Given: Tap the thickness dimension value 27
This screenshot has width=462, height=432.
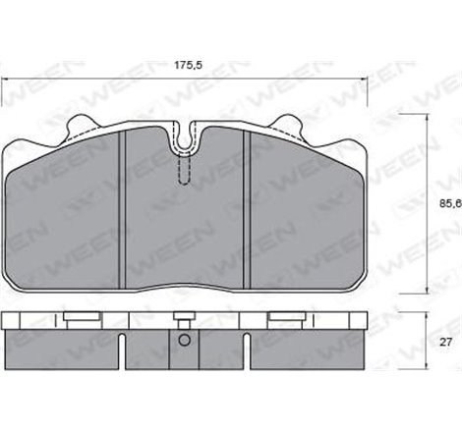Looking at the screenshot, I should click(444, 342).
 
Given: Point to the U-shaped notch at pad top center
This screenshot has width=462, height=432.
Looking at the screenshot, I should click(184, 137).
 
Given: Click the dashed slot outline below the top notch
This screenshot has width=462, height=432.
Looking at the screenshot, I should click(184, 169).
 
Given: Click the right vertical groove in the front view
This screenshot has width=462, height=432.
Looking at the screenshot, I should click(249, 206).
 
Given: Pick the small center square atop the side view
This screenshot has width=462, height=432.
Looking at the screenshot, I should click(184, 316).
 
